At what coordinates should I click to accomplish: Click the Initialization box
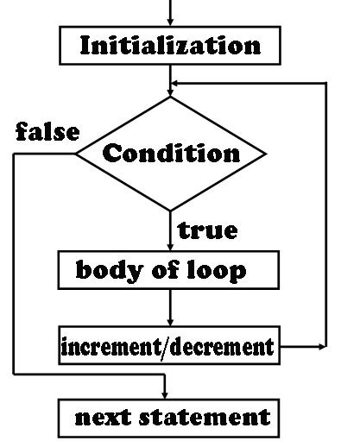coord(170,45)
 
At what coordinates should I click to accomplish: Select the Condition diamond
coord(171,154)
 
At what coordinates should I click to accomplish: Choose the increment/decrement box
coord(169,347)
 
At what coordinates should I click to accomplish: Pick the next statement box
coord(171,418)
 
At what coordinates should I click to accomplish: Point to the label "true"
coord(207,230)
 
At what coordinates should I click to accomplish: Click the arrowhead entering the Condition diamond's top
coord(170,91)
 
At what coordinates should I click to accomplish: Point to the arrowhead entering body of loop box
coord(170,246)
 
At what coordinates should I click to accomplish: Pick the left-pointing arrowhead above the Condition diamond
coord(176,84)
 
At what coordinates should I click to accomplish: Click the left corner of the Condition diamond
coord(78,154)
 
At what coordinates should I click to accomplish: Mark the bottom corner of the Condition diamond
coord(170,209)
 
